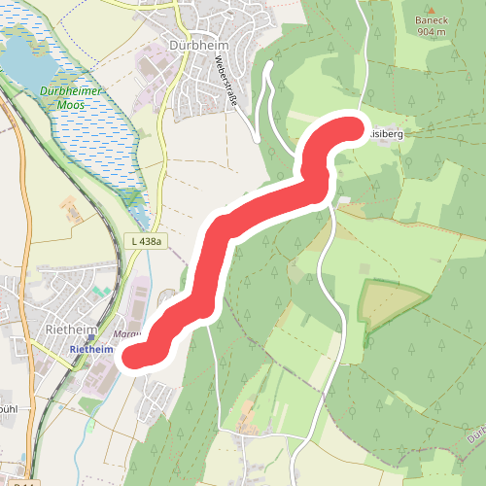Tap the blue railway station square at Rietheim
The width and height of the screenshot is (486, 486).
pyautogui.click(x=90, y=339)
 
